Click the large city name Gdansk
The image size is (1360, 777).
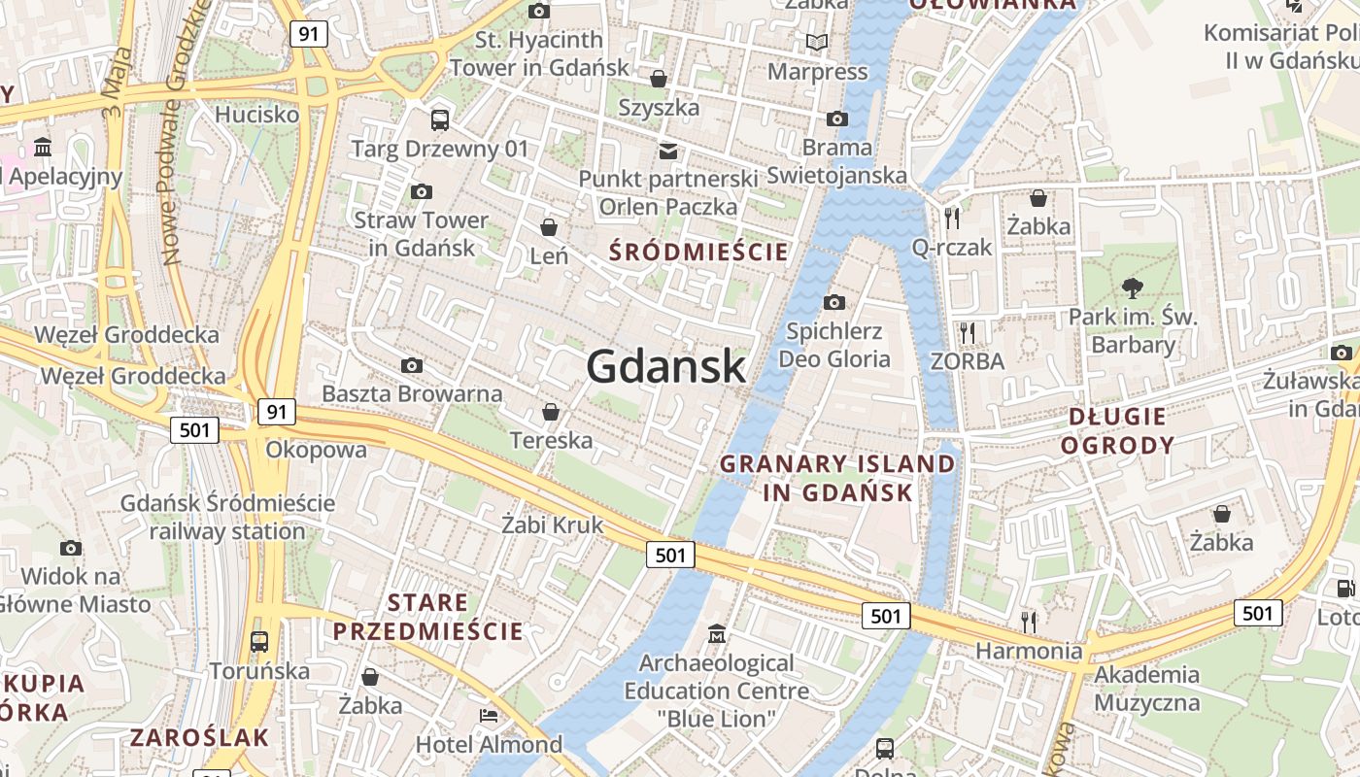(x=666, y=367)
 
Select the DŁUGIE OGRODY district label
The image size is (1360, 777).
(x=1117, y=431)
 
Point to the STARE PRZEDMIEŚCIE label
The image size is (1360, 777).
(x=428, y=617)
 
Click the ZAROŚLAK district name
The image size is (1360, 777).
(x=200, y=737)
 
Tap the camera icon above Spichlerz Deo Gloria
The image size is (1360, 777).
(x=833, y=302)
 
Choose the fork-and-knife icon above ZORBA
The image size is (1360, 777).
(x=967, y=333)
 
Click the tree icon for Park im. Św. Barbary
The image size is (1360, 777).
(x=1132, y=287)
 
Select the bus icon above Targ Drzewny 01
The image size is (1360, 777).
(x=440, y=119)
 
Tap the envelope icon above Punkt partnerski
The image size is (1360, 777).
(x=668, y=151)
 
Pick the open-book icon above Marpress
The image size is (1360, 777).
(x=818, y=43)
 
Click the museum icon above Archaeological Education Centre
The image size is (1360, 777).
(x=717, y=634)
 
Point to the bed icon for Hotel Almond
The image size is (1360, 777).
(x=489, y=716)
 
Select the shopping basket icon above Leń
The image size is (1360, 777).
(x=549, y=227)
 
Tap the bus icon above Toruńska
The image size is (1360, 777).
(x=259, y=641)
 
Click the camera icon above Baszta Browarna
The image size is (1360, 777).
(x=412, y=365)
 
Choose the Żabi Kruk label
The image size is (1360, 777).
(x=552, y=524)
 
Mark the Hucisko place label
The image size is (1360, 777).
(x=257, y=114)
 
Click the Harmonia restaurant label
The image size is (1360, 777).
(x=1029, y=650)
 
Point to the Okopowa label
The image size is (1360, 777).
(x=317, y=450)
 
